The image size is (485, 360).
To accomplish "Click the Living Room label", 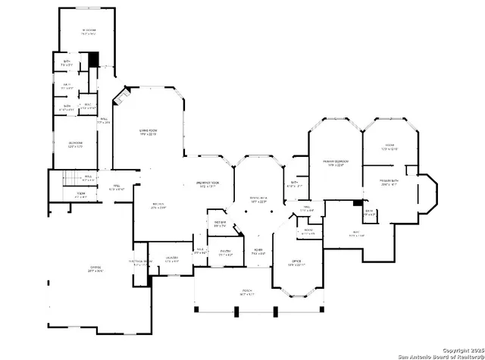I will (147, 132).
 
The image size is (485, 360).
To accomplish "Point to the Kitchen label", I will (158, 205).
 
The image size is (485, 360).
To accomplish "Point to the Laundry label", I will (172, 258).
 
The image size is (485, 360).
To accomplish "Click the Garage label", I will (95, 269).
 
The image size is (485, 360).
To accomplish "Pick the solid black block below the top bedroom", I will (93, 60).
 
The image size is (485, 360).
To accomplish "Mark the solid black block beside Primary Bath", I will (356, 202).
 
